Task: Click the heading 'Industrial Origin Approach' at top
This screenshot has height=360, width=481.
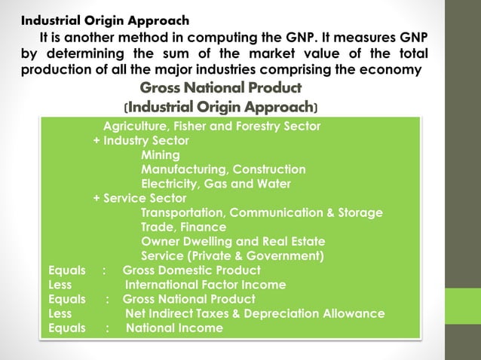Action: click(104, 20)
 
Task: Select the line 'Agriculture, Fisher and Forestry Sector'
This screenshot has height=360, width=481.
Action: click(211, 126)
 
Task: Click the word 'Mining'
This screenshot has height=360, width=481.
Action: click(161, 155)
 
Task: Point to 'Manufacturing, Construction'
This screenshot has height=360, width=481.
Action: click(223, 169)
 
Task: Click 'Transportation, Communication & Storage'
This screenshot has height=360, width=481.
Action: click(262, 212)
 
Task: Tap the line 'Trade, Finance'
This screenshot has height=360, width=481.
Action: click(183, 227)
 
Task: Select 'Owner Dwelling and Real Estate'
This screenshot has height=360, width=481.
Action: click(233, 242)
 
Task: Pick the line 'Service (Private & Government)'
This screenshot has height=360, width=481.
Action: click(233, 256)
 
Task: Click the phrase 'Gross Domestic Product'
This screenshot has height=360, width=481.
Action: click(191, 270)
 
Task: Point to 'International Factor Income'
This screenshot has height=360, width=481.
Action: click(205, 285)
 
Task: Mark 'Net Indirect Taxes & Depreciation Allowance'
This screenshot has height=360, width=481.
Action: click(255, 313)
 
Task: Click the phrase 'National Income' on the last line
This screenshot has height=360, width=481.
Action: click(174, 328)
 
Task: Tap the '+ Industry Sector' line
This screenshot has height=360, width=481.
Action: click(141, 140)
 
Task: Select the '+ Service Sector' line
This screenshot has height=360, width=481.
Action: click(139, 198)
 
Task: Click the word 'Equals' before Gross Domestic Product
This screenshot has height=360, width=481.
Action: click(66, 270)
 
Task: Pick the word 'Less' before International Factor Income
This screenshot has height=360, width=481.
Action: click(60, 285)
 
